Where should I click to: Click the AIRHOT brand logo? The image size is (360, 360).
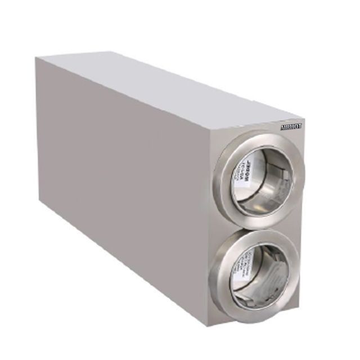click(291, 127)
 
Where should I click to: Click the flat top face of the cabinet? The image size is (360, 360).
click(169, 84)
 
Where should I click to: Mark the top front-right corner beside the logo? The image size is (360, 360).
click(304, 120)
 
